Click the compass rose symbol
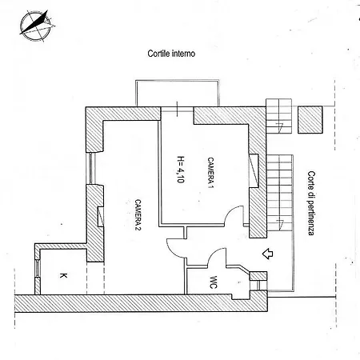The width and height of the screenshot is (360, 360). tap(36, 26)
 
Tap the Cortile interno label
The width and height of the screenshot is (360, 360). tap(171, 54)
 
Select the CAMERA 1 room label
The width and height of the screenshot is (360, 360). tap(211, 173)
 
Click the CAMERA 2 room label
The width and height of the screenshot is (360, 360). tap(138, 214)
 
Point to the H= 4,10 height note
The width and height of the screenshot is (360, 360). tap(181, 170)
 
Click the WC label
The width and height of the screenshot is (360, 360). tap(214, 282)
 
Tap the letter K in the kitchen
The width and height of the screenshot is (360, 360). tap(63, 275)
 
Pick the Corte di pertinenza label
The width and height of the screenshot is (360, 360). tap(311, 203)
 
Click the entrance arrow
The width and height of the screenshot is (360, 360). tap(267, 254)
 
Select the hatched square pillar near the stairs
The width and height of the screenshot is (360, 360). tap(310, 120)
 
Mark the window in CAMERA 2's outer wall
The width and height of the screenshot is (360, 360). tap(91, 168)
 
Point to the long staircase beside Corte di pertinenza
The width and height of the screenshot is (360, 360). tap(279, 193)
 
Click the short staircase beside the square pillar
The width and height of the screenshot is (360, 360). tap(278, 116)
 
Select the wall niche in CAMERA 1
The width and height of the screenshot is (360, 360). tap(254, 171)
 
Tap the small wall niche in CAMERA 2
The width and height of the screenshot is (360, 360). tap(101, 217)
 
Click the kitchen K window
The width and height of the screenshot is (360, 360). tap(38, 268)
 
